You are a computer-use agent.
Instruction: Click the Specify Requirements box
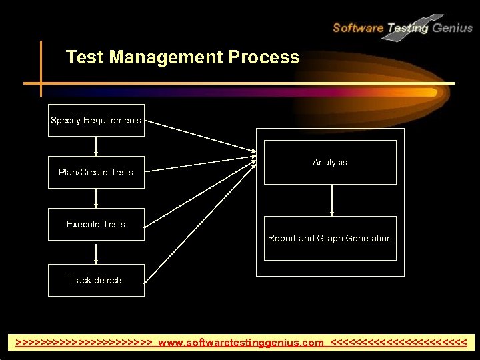96,121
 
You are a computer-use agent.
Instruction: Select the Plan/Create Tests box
96,173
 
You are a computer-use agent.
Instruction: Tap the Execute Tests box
96,225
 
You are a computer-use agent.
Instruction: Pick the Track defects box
96,281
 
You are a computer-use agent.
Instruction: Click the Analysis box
330,163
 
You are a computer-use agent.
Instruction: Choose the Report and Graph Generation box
330,239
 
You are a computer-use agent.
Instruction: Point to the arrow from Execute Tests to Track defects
96,253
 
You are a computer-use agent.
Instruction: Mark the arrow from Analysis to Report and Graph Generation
332,200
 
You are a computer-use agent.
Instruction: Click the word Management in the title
167,57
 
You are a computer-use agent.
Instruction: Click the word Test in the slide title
85,57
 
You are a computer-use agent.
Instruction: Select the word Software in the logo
357,28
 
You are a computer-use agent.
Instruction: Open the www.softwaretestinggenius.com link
241,343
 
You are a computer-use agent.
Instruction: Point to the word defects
108,281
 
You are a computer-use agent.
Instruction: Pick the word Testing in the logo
407,28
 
